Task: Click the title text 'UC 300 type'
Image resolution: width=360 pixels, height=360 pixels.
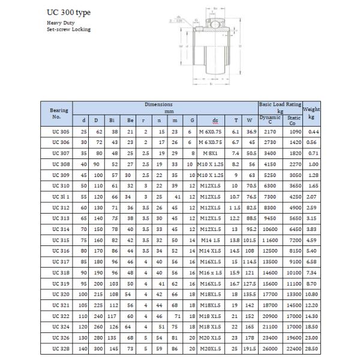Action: click(69, 12)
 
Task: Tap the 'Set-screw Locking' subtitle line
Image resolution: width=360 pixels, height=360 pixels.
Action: click(68, 29)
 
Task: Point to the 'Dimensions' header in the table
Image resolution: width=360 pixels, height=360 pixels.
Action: click(159, 104)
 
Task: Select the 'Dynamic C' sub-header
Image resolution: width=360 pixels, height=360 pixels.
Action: click(270, 120)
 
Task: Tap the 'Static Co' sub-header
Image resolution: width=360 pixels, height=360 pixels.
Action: click(292, 120)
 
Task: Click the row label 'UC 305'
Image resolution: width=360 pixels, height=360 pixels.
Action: click(61, 131)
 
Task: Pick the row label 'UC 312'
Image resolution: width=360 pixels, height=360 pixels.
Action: click(61, 207)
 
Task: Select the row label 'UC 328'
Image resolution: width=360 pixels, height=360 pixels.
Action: click(61, 348)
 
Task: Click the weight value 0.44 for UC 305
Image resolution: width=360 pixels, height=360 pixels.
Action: click(311, 131)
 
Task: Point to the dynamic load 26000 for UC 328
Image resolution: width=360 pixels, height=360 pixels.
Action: click(270, 348)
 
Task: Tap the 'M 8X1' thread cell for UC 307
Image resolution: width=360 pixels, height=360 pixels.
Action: click(211, 153)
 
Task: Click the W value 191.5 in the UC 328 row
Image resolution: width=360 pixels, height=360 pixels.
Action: click(249, 348)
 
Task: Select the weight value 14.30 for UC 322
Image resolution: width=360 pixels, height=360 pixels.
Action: click(311, 316)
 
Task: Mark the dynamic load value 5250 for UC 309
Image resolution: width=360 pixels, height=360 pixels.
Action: click(271, 175)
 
